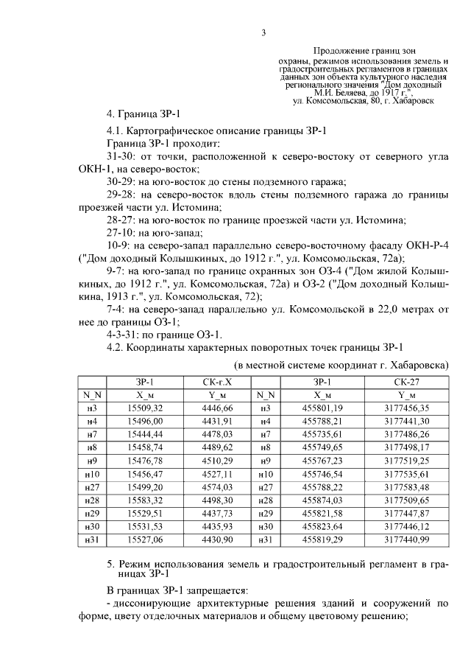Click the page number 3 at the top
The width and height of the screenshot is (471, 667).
263,31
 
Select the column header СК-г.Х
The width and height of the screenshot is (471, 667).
216,381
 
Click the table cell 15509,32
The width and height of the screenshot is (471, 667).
144,408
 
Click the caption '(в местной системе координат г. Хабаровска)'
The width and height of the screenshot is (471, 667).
341,365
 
